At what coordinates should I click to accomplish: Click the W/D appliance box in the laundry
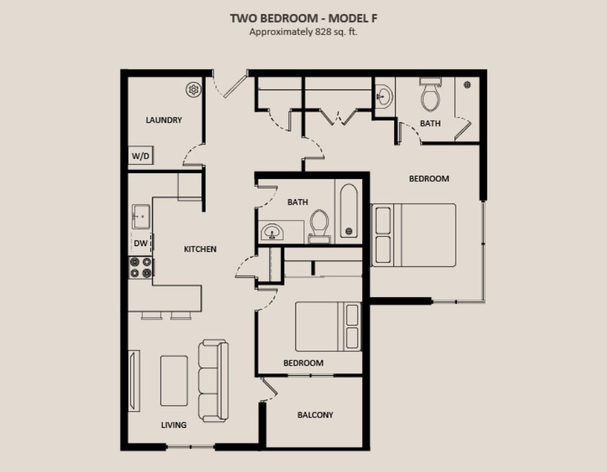coord(141,155)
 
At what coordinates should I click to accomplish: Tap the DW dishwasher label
coord(140,243)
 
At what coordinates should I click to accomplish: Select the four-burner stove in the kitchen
coord(140,267)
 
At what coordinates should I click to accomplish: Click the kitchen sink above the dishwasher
coord(141,216)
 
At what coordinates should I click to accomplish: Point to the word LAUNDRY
coord(164,120)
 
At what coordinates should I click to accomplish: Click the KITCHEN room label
coord(200,249)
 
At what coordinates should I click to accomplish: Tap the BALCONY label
coord(315,415)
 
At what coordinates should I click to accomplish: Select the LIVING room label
coord(174,425)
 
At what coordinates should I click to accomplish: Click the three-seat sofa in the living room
coord(214,380)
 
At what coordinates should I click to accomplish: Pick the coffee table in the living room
coord(174,381)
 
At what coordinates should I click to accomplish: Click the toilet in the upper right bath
coord(430,95)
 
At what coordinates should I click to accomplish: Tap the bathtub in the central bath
coord(349,210)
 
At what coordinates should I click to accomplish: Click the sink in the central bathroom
coord(272,232)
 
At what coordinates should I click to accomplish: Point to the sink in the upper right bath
coord(384,95)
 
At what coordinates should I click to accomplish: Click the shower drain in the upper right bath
coord(467,84)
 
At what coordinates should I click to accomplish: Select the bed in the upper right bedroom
coord(414,235)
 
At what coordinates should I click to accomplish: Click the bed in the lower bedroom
coord(328,327)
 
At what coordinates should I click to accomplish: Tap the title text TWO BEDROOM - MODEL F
coord(304,18)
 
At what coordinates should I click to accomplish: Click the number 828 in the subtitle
coord(323,32)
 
